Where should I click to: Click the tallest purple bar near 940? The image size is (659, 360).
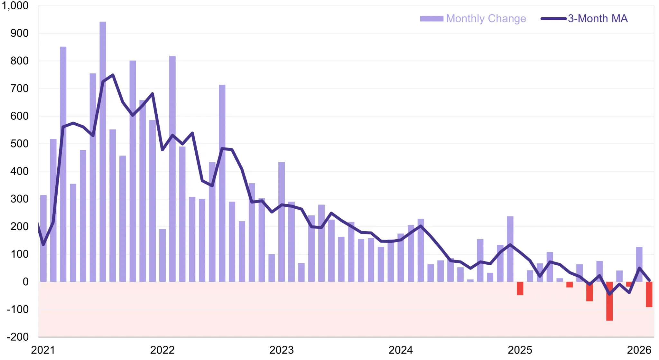click(x=103, y=151)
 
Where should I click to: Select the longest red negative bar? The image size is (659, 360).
click(x=609, y=301)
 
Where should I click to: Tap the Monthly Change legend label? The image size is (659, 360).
click(x=486, y=18)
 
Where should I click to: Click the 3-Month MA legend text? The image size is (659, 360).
click(x=598, y=18)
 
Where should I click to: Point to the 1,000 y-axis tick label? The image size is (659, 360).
click(x=15, y=5)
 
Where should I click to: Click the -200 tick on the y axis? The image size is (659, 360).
click(x=18, y=337)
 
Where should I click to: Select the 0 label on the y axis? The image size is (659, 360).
click(x=25, y=282)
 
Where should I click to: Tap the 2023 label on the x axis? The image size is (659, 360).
click(x=281, y=350)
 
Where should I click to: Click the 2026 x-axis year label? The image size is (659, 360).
click(x=639, y=350)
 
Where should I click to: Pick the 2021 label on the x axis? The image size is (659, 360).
click(x=43, y=350)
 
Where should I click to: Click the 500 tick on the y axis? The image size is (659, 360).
click(x=19, y=144)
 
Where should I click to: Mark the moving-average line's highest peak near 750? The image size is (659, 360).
click(x=113, y=75)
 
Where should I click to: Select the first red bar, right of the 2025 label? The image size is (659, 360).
click(x=520, y=288)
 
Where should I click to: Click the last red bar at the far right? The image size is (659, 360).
click(x=649, y=294)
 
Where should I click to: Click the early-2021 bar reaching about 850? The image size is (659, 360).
click(x=63, y=164)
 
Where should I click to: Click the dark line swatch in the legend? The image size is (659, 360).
click(x=553, y=18)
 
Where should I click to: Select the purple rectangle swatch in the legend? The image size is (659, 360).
click(x=432, y=18)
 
